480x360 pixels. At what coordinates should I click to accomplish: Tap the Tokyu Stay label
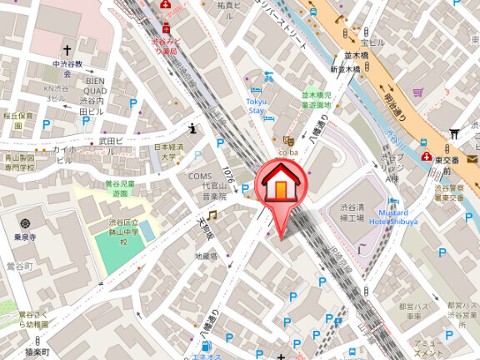[255, 106]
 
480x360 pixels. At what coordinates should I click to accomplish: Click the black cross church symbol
[67, 49]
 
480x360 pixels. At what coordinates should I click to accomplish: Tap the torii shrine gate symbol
[454, 133]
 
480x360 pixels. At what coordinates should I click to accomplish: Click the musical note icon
[212, 215]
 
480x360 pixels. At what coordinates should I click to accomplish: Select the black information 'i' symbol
[192, 128]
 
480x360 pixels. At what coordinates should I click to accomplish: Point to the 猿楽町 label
[37, 353]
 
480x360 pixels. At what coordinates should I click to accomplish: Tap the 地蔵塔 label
[206, 257]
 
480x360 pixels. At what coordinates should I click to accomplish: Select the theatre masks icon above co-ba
[288, 141]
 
